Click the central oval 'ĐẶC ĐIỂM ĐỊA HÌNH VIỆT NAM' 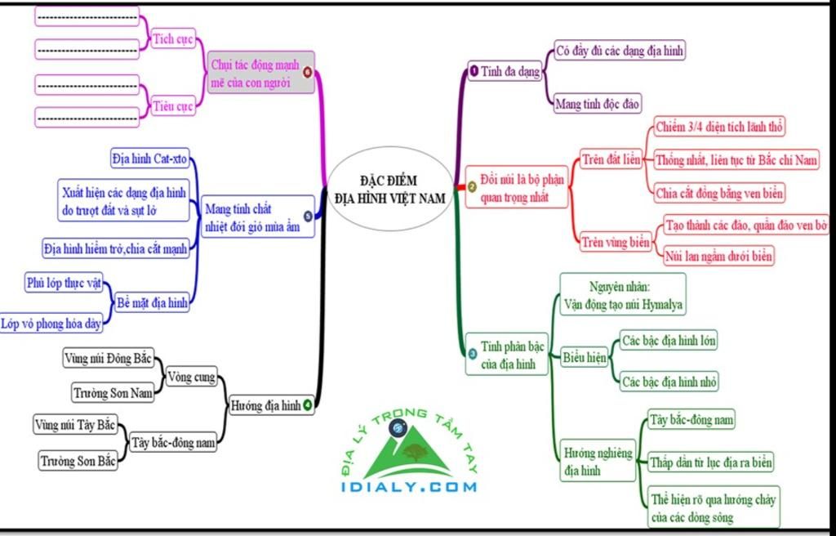391,189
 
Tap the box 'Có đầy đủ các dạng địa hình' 620,50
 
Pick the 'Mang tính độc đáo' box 597,103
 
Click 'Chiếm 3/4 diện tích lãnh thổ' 719,127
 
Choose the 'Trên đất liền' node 611,159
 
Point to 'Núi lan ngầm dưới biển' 718,257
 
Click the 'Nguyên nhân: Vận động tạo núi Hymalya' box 623,295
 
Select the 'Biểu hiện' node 585,357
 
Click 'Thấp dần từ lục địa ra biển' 711,462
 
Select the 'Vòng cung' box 191,377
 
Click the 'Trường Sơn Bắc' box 78,461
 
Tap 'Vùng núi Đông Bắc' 109,358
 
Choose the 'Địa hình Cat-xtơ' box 150,159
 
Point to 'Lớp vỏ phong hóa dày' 51,324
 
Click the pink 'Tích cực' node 173,39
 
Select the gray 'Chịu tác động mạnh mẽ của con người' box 260,74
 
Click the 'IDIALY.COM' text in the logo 409,486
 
